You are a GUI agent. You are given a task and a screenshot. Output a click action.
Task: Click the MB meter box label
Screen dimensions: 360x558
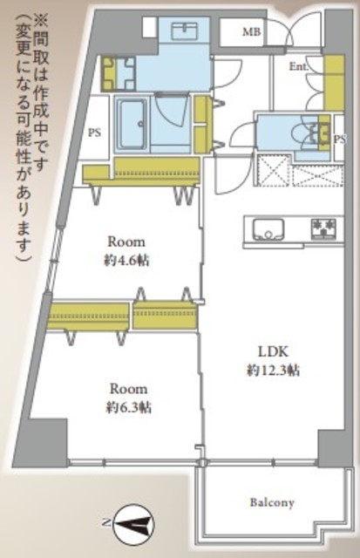252,32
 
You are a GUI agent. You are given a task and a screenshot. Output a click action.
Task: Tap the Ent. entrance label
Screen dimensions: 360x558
298,66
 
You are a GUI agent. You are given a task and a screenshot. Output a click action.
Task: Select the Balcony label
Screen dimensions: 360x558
272,503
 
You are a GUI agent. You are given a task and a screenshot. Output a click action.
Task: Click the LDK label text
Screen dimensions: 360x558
273,352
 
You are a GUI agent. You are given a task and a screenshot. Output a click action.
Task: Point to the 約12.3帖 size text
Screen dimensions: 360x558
273,371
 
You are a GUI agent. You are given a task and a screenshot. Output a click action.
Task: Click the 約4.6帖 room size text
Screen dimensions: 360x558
126,262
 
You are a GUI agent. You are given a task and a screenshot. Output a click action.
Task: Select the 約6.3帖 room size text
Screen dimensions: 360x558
128,407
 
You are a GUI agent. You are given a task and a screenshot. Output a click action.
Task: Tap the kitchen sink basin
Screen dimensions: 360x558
268,229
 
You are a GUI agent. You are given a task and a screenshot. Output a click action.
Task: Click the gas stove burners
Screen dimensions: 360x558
323,229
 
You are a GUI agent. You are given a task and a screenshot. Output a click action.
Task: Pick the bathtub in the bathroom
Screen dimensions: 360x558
132,125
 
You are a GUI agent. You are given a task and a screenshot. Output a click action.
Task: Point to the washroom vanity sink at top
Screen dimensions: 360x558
184,31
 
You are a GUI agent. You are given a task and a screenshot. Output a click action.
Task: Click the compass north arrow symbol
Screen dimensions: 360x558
133,523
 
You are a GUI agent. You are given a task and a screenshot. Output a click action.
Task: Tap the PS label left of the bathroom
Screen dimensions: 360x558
94,133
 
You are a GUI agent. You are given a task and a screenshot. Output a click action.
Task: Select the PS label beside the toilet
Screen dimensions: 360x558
340,139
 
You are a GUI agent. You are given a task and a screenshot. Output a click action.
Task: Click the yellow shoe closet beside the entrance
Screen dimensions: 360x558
334,83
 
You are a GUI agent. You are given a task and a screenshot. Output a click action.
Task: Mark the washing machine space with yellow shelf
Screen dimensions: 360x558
119,72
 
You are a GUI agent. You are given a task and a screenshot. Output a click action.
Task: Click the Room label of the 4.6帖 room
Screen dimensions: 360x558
126,242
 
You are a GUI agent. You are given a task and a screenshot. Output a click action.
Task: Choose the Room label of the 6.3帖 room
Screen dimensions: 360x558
128,389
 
